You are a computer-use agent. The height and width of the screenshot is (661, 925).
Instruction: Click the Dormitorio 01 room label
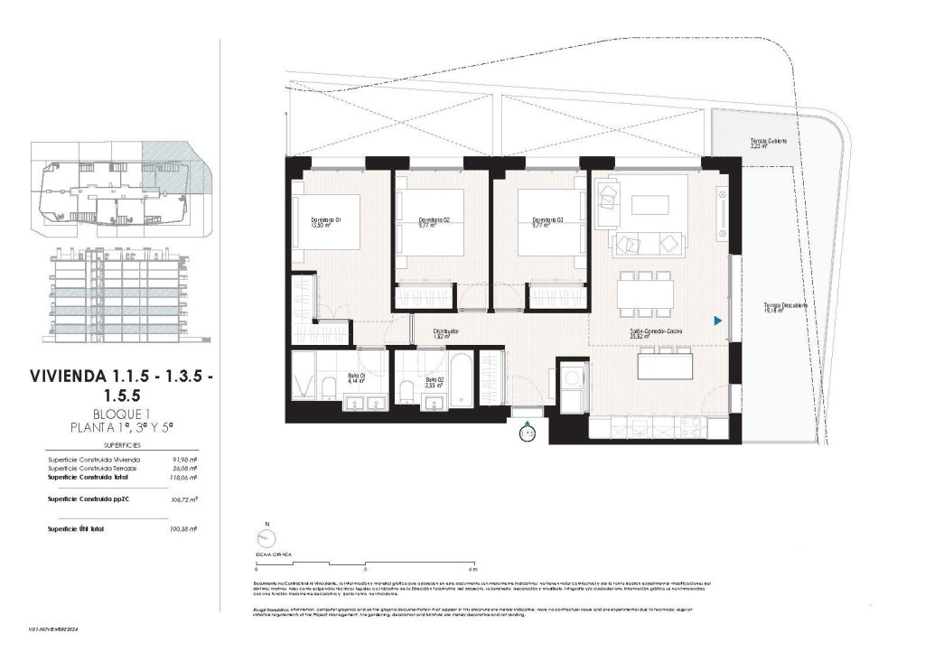coord(325,222)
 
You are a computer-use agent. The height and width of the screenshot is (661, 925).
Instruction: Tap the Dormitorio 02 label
coord(434,222)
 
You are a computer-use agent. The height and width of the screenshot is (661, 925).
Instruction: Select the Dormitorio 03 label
coord(548,222)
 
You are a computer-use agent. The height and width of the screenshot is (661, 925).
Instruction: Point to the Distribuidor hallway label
coord(445,332)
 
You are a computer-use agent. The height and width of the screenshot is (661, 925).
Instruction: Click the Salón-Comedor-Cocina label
coord(656,333)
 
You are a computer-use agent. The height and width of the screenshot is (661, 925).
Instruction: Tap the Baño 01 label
coord(357,378)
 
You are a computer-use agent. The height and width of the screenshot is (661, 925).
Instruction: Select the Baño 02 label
coord(436,380)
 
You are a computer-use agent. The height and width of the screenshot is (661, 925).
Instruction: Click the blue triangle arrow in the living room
coord(717,321)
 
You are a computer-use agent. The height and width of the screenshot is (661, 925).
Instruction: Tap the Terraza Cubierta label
coord(768,144)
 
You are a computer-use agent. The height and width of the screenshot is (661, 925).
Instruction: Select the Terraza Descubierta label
coord(783,307)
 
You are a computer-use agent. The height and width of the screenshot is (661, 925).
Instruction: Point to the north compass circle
coord(266,538)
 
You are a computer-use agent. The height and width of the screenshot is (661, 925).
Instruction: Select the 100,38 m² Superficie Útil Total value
coord(183,528)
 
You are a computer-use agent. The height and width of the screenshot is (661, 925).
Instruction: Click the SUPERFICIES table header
coord(121,445)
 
